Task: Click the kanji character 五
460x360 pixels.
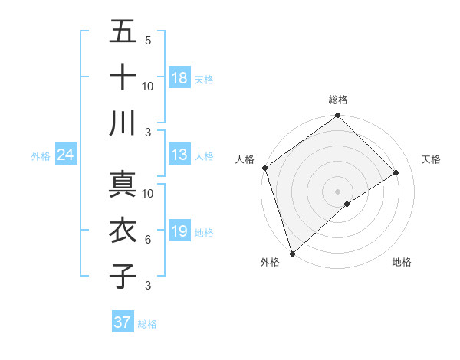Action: coord(123,32)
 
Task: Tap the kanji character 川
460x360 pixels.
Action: coord(123,122)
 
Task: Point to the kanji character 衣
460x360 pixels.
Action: coord(123,231)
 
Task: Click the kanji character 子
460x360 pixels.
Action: coord(123,275)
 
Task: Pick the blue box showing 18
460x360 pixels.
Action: coord(179,78)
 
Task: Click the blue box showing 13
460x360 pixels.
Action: coord(179,155)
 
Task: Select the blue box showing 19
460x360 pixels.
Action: coord(179,231)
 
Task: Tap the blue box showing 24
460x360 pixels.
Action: coord(66,155)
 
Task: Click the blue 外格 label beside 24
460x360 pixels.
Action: coord(41,156)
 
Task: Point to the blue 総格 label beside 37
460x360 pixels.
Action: coord(147,323)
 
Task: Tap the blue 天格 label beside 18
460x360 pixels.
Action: coord(204,79)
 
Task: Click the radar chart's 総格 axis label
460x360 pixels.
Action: coord(338,100)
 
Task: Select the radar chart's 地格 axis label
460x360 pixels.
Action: coord(402,262)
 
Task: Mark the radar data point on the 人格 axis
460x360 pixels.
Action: coord(264,168)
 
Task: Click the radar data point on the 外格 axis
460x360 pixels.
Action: coord(292,253)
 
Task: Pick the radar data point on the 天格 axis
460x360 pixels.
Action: coord(396,172)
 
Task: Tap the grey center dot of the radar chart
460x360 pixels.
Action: coord(337,191)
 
